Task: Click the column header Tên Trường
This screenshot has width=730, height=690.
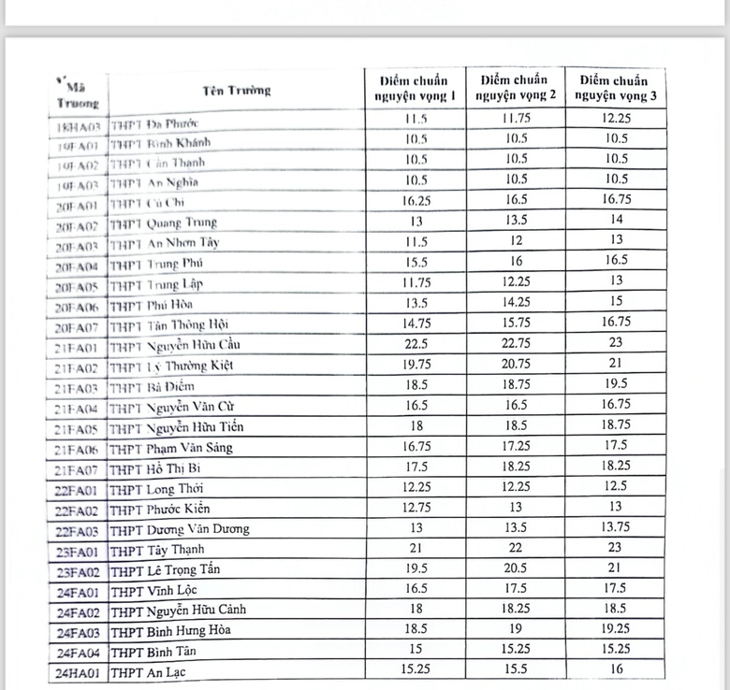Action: pos(235,91)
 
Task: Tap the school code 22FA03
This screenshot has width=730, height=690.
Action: pos(78,529)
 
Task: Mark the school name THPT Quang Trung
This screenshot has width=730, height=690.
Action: pos(163,223)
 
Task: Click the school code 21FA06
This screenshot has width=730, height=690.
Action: pos(78,448)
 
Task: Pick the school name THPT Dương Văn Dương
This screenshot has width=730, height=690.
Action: pos(180,529)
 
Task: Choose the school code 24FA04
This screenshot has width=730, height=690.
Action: pos(78,652)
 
